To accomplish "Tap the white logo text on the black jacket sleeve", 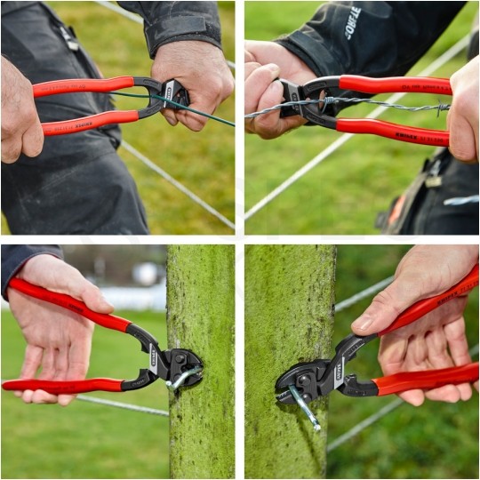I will click(352, 22).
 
